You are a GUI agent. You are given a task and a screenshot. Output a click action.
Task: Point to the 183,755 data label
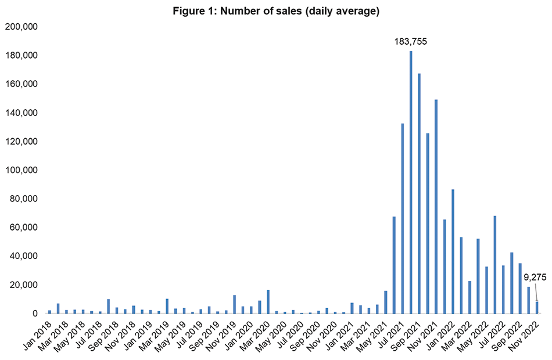(411, 41)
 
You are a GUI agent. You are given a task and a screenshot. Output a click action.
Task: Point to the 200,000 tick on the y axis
(21, 27)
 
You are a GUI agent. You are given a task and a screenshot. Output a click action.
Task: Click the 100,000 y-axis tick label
(21, 170)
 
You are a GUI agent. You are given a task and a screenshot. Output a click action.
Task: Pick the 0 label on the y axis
(34, 314)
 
